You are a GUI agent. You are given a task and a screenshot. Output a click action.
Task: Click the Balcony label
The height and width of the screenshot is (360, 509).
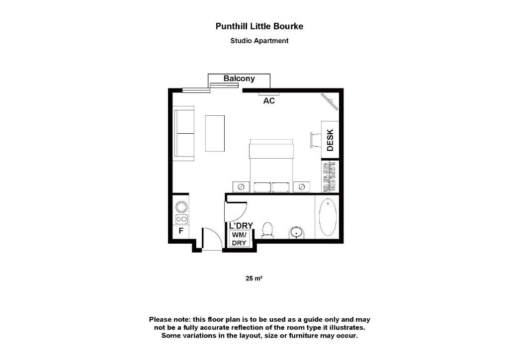coord(239,79)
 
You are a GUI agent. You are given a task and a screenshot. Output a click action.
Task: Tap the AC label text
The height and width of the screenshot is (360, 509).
coord(269,101)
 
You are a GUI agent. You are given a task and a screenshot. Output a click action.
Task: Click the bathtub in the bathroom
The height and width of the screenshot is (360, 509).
coord(327,217)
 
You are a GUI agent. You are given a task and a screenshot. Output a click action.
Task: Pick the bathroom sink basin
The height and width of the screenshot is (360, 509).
coord(297,232)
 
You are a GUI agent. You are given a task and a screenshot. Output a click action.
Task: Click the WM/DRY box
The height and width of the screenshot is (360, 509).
coord(240,239)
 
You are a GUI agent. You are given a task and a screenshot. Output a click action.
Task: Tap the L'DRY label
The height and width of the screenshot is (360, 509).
coord(241,226)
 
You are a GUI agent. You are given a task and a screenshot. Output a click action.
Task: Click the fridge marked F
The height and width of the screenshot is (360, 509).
coord(181,231)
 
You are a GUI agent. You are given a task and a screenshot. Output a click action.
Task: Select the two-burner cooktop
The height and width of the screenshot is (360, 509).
coord(181,219)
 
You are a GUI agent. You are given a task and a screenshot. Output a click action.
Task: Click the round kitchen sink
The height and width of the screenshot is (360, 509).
coord(181,206)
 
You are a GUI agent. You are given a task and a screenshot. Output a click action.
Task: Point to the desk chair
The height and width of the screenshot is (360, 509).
coord(315,140)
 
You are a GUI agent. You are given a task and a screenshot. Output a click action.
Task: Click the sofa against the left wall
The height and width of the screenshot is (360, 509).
coord(184,133)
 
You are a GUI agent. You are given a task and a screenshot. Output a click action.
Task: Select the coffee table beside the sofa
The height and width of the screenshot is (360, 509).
coord(215,133)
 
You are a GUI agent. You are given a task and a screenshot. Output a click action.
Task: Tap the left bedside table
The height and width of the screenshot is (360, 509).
coord(241,187)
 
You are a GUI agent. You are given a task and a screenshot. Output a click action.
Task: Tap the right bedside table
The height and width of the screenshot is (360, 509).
coord(301,187)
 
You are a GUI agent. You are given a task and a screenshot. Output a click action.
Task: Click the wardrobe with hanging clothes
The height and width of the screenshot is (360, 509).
coord(330,176)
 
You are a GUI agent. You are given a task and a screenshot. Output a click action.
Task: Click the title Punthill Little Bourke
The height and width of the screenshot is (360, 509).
coord(258,26)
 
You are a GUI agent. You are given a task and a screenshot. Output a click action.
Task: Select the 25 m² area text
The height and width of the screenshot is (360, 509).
coord(254,278)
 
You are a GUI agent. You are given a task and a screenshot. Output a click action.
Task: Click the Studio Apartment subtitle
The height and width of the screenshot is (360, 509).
coord(259,41)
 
